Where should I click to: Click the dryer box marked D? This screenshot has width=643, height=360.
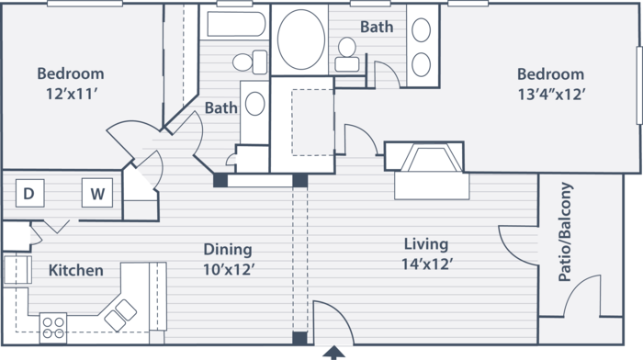[30, 193]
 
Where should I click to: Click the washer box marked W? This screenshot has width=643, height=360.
[97, 192]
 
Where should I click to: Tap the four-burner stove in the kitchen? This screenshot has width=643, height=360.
[53, 328]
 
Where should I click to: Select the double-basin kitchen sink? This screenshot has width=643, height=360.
[120, 315]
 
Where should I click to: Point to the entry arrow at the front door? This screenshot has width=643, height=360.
[334, 353]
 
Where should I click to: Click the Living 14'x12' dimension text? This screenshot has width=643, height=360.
[427, 254]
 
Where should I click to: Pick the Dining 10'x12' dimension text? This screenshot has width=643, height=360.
[229, 259]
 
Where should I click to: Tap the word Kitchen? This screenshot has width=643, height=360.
[76, 270]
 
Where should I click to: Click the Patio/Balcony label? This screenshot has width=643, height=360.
[565, 231]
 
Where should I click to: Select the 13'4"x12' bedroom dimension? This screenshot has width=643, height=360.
[551, 95]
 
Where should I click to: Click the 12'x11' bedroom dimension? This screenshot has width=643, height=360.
[71, 95]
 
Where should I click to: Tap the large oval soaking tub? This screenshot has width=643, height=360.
[301, 39]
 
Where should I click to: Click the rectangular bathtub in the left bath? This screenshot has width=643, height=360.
[236, 24]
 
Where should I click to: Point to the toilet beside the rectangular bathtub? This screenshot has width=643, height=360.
[250, 62]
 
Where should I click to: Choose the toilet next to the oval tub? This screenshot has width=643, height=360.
[347, 55]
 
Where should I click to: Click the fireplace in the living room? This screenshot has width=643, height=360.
[424, 157]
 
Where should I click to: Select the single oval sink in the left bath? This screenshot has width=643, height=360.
[254, 104]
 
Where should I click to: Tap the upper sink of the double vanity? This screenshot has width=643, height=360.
[421, 30]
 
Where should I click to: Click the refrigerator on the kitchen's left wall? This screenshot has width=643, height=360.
[17, 270]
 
